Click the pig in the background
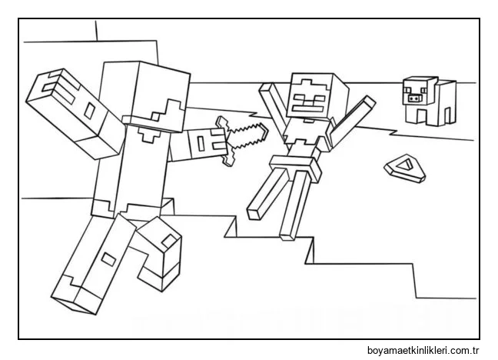pos(427,100)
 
